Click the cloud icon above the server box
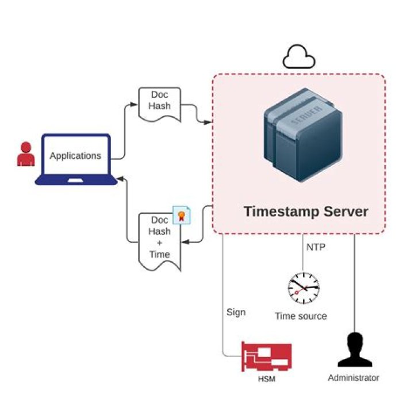pyautogui.click(x=299, y=57)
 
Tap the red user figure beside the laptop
pyautogui.click(x=25, y=154)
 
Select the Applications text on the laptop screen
pyautogui.click(x=75, y=156)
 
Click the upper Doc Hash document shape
pyautogui.click(x=159, y=104)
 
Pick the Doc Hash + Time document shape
pyautogui.click(x=159, y=240)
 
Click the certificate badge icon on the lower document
pyautogui.click(x=182, y=215)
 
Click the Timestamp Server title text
pyautogui.click(x=305, y=211)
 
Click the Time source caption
pyautogui.click(x=301, y=316)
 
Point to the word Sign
pyautogui.click(x=236, y=312)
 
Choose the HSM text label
pyautogui.click(x=266, y=377)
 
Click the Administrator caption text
pyautogui.click(x=354, y=378)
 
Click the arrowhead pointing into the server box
pyautogui.click(x=209, y=122)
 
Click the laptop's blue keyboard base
pyautogui.click(x=76, y=181)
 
